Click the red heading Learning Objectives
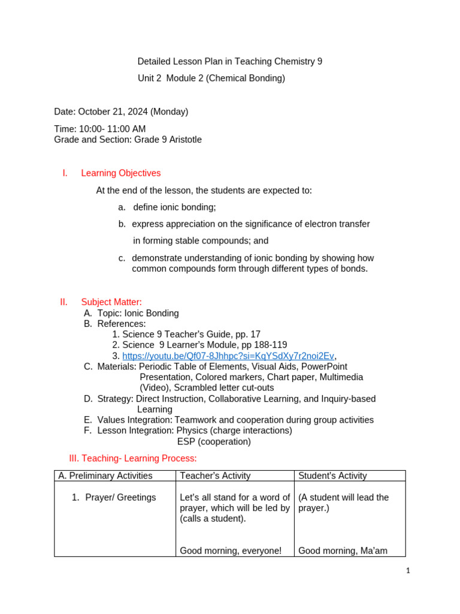point(120,173)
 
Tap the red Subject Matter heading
point(111,302)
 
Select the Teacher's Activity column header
point(215,475)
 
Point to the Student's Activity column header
point(332,475)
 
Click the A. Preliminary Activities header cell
point(105,475)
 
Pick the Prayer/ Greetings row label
point(120,497)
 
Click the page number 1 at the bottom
point(408,571)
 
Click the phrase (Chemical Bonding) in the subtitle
point(246,78)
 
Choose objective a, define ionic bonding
point(174,207)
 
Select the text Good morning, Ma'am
point(343,550)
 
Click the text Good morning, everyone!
point(231,550)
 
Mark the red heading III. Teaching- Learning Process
point(133,459)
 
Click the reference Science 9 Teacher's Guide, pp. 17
point(191,334)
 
